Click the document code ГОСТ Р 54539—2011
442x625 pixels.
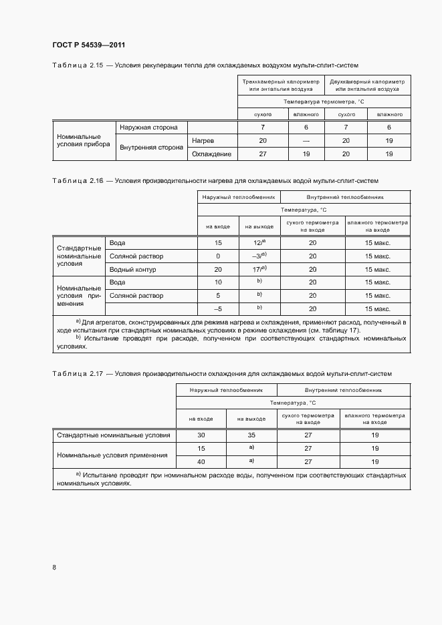pyautogui.click(x=89, y=45)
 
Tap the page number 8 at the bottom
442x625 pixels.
pyautogui.click(x=54, y=568)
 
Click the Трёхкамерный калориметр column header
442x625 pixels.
pyautogui.click(x=280, y=84)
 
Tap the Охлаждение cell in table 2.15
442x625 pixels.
pyautogui.click(x=211, y=154)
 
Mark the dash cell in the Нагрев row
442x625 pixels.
pyautogui.click(x=306, y=140)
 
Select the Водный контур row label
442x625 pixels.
pyautogui.click(x=132, y=269)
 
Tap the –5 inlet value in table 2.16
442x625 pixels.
pyautogui.click(x=218, y=308)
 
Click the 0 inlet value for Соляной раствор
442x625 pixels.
pyautogui.click(x=218, y=256)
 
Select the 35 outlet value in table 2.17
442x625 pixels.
pyautogui.click(x=251, y=435)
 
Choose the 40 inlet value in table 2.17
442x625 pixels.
pyautogui.click(x=201, y=461)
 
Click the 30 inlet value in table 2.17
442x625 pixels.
pyautogui.click(x=201, y=435)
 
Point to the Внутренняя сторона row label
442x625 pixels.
pyautogui.click(x=151, y=148)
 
